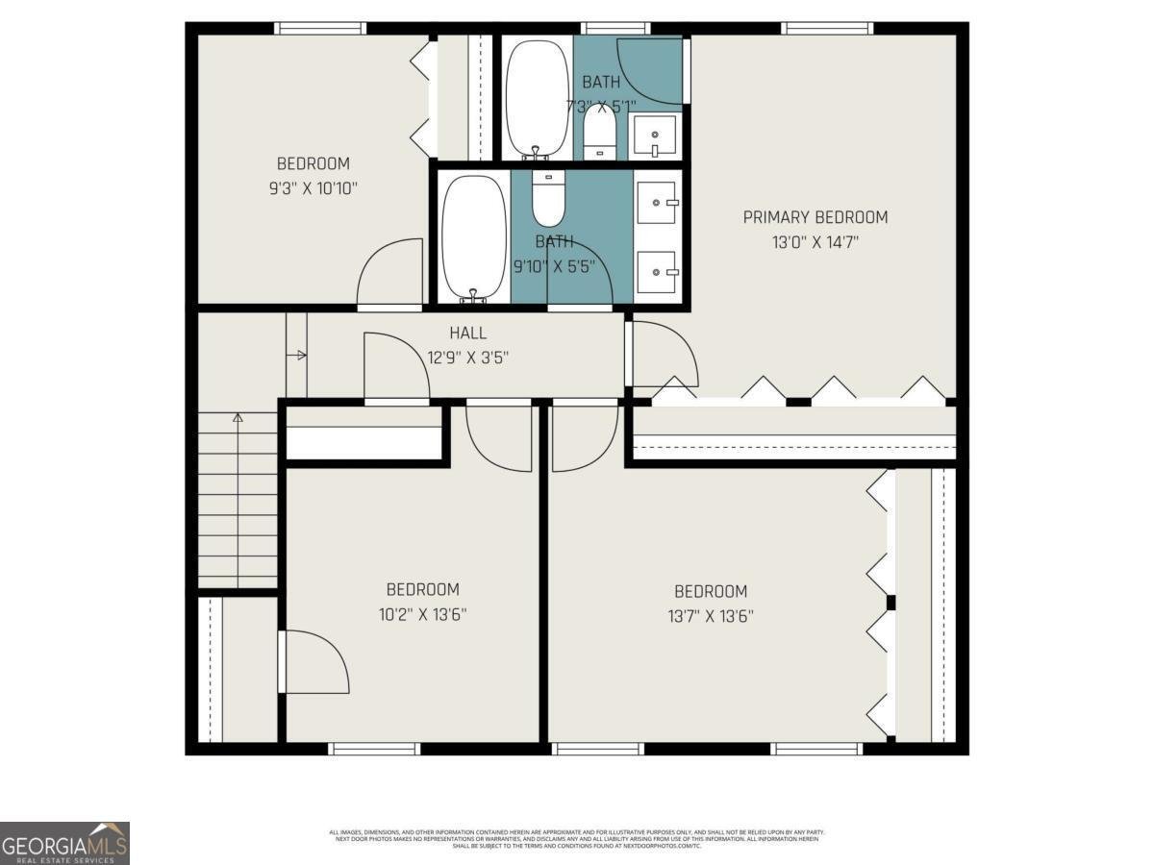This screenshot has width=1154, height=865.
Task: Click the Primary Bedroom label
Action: (815, 217)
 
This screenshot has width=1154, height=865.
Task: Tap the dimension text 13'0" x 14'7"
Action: (815, 242)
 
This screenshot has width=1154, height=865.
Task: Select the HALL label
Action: (467, 334)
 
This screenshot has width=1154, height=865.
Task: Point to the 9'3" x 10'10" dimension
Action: (314, 188)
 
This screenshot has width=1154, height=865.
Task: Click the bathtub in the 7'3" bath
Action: (537, 96)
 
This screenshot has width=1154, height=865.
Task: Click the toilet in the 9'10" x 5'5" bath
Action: (548, 197)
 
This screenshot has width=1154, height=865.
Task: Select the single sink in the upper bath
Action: (655, 136)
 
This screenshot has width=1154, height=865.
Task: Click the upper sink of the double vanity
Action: (659, 202)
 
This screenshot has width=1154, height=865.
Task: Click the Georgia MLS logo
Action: (64, 843)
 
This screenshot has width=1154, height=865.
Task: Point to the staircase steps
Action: (238, 500)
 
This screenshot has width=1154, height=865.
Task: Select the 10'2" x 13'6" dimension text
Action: (422, 614)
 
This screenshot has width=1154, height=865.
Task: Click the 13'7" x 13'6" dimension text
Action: (711, 616)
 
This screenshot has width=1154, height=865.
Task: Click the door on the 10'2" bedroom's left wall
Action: (312, 661)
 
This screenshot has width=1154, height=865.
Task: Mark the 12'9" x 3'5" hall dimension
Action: (467, 358)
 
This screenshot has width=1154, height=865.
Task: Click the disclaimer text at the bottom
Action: (577, 838)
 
